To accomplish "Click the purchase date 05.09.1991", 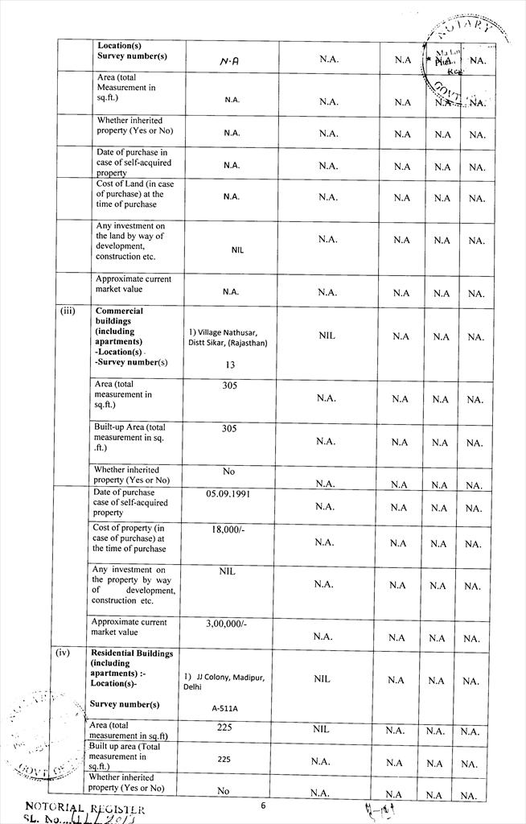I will coord(228,493).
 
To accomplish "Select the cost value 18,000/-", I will coord(228,531).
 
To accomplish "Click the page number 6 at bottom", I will coord(263,805).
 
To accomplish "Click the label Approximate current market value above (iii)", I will coord(133,284).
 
